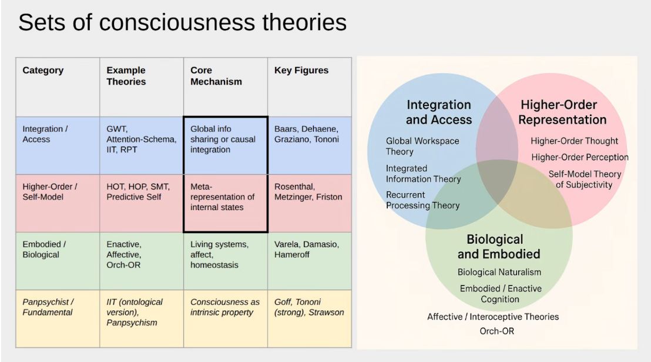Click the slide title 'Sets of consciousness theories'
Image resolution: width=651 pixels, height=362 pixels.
[182, 23]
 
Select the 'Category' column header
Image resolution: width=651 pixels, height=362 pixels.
[43, 71]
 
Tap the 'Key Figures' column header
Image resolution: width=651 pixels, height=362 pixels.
[301, 71]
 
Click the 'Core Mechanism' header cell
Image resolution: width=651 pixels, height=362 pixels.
[216, 76]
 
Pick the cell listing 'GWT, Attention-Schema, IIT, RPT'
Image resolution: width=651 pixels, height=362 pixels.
[141, 140]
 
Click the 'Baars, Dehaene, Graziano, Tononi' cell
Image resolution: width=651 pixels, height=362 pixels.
[306, 134]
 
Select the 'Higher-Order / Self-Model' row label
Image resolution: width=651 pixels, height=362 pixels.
[51, 192]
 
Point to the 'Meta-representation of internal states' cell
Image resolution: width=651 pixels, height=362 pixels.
[222, 197]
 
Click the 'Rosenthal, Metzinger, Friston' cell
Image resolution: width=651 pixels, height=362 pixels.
[308, 192]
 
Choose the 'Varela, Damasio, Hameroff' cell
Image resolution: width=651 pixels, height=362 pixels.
[307, 250]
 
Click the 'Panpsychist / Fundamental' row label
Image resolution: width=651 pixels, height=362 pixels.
[48, 307]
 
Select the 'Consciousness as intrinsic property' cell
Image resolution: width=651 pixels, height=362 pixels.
[224, 307]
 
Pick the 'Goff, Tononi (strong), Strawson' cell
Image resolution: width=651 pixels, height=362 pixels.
[308, 307]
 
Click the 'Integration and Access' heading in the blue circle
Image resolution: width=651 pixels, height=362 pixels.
[438, 112]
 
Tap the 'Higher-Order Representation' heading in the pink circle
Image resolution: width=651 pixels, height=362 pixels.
[562, 112]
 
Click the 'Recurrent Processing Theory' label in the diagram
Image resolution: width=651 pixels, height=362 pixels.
[422, 200]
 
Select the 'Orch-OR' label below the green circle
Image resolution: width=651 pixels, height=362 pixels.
[496, 331]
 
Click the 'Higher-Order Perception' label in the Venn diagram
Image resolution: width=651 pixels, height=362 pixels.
[579, 157]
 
